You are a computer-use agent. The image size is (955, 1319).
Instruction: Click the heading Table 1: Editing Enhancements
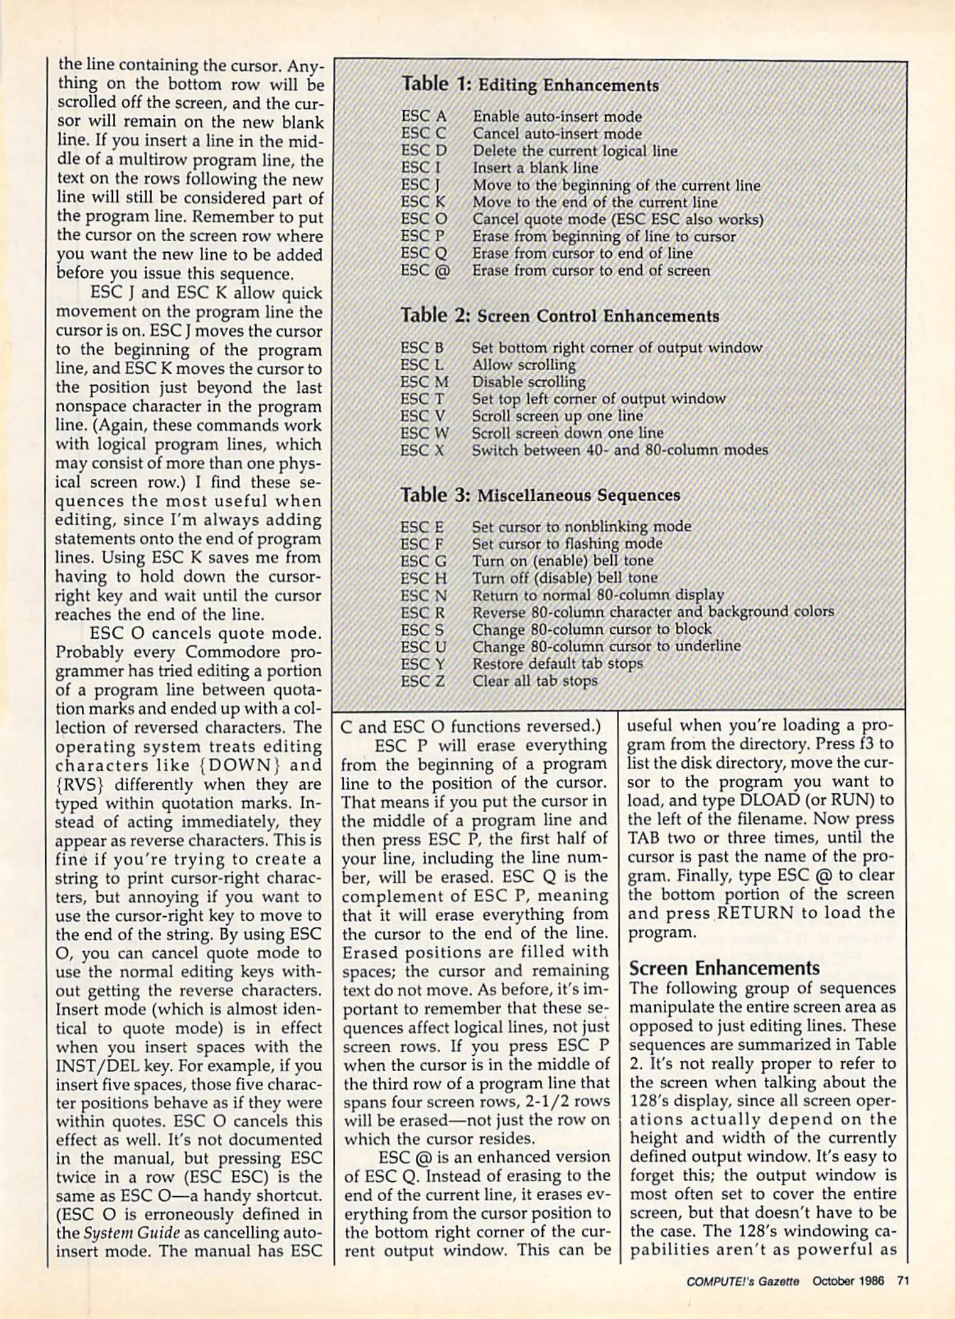(530, 85)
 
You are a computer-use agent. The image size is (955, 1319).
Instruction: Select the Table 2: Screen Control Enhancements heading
(559, 316)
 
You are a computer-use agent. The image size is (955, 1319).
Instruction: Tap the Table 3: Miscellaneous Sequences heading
(540, 495)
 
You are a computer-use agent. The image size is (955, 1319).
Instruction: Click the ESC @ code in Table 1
(425, 271)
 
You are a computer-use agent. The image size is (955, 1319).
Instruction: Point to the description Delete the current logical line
(575, 151)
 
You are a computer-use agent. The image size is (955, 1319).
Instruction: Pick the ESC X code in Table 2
(422, 451)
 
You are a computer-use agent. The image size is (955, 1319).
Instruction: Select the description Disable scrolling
(528, 382)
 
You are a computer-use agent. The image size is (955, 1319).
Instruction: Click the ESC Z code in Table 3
(423, 681)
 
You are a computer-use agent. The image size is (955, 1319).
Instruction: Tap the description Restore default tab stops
(557, 664)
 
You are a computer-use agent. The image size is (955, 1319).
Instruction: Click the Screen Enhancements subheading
(724, 968)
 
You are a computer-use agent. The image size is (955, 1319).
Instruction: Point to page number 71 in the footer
(903, 1281)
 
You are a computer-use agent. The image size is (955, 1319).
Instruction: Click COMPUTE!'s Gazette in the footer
(743, 1282)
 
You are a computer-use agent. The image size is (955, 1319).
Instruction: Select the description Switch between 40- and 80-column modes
(619, 451)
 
